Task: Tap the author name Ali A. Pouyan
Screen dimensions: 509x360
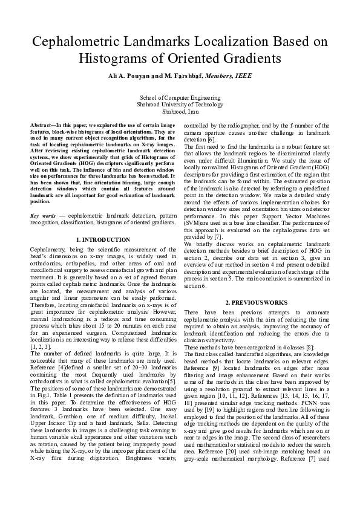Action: pyautogui.click(x=133, y=76)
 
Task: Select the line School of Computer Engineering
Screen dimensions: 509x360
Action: pyautogui.click(x=180, y=97)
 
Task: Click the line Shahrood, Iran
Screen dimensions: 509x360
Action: pyautogui.click(x=180, y=111)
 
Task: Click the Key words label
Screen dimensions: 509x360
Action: pyautogui.click(x=43, y=215)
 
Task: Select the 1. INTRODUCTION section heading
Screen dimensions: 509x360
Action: pyautogui.click(x=105, y=240)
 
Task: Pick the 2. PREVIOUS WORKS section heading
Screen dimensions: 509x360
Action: pyautogui.click(x=257, y=302)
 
